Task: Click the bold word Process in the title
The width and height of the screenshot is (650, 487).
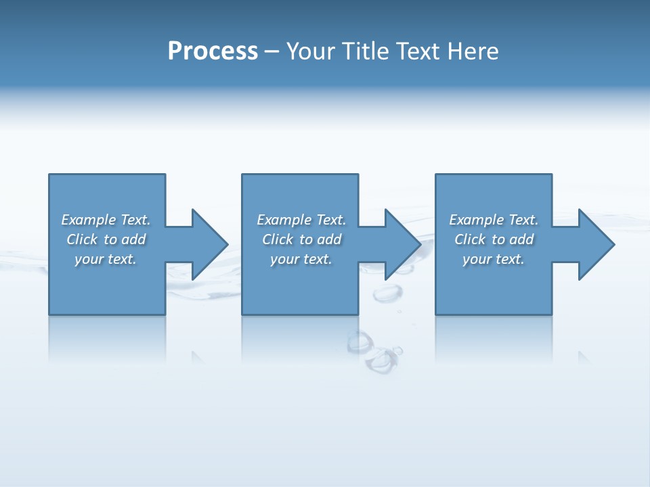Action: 213,51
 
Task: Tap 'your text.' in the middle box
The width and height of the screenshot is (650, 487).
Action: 301,259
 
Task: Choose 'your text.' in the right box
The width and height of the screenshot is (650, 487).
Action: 493,259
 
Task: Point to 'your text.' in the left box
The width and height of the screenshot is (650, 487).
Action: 105,259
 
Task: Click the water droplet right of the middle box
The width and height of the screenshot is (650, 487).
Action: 387,293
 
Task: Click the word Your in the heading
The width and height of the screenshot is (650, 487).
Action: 310,51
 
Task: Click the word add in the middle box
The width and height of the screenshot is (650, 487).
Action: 329,239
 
